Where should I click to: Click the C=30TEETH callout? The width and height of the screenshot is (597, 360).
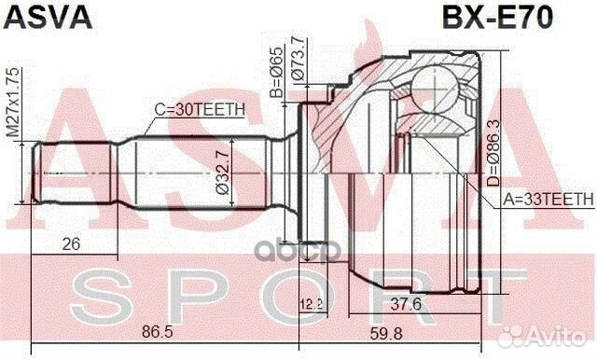coord(200,110)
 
